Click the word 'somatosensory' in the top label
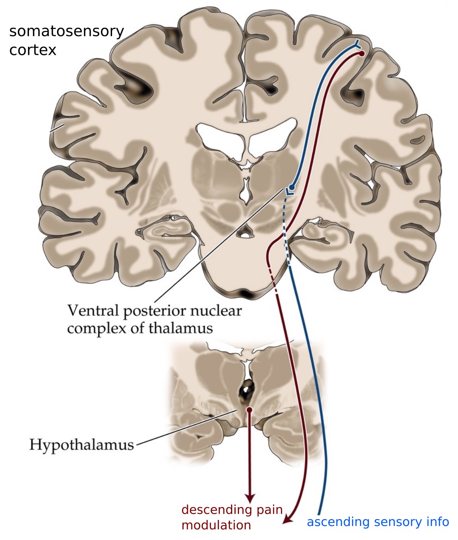pyautogui.click(x=66, y=32)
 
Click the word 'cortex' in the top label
pyautogui.click(x=33, y=50)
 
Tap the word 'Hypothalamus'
pyautogui.click(x=81, y=445)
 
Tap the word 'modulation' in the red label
pyautogui.click(x=216, y=525)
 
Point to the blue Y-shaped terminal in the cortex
pyautogui.click(x=357, y=44)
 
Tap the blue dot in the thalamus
pyautogui.click(x=292, y=187)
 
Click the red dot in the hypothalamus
pyautogui.click(x=249, y=409)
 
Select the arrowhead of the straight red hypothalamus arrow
pyautogui.click(x=250, y=497)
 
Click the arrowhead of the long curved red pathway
pyautogui.click(x=288, y=518)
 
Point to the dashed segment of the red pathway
pyautogui.click(x=275, y=283)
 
